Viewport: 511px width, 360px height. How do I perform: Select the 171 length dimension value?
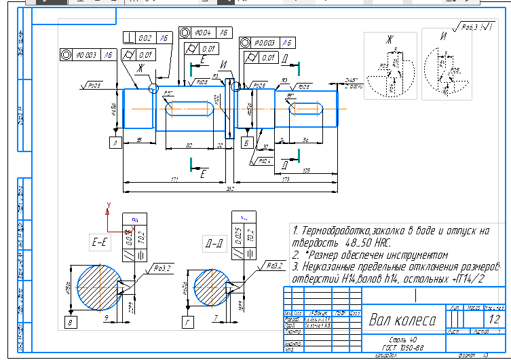click(x=174, y=179)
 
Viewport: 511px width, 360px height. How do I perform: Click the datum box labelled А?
click(x=115, y=143)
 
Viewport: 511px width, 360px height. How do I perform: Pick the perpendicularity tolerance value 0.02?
click(x=145, y=39)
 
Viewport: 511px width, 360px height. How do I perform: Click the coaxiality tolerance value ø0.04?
click(x=203, y=32)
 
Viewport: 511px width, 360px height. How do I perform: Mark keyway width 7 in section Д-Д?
click(x=214, y=317)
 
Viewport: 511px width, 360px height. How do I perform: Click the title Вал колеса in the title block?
click(x=403, y=320)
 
